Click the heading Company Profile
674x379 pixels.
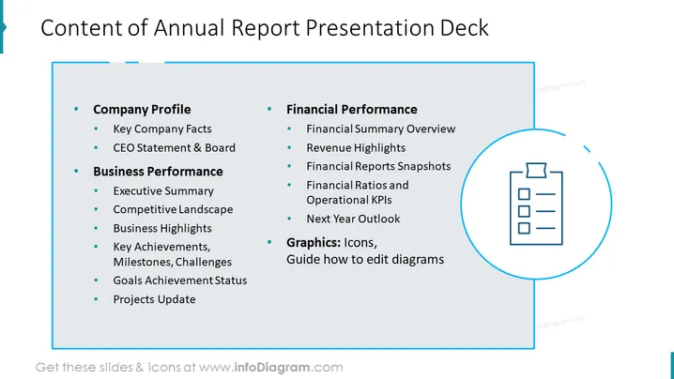click(142, 110)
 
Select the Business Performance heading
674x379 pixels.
click(158, 172)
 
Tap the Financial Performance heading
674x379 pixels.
click(352, 110)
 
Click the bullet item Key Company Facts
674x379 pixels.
click(162, 129)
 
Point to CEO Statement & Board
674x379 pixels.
click(174, 148)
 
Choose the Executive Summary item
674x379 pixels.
click(163, 191)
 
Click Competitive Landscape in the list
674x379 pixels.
click(173, 210)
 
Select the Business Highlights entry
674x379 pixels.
click(162, 228)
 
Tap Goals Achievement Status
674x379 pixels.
click(180, 280)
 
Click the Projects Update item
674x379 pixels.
click(154, 299)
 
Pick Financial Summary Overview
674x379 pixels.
click(381, 129)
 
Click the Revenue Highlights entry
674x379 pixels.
click(356, 148)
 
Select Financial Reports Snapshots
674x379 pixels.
click(378, 166)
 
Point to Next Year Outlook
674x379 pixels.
click(353, 219)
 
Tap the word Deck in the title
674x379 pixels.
click(465, 28)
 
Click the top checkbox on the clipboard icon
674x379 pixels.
click(524, 194)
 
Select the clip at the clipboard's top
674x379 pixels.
click(536, 170)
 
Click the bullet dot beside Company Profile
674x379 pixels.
click(77, 109)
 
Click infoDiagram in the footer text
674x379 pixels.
click(272, 368)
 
